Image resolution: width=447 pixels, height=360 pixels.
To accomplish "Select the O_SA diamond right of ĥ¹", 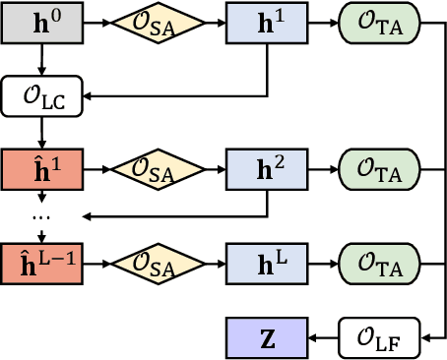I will (153, 167).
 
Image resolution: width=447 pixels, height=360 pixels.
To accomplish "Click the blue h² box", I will (265, 167).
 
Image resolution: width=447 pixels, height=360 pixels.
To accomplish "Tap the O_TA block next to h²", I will (378, 167).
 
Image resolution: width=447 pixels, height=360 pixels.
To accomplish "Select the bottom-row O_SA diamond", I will (153, 263).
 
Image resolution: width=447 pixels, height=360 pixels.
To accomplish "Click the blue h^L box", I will (265, 263).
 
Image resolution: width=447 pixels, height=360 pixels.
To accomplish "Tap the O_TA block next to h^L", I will (378, 263).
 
